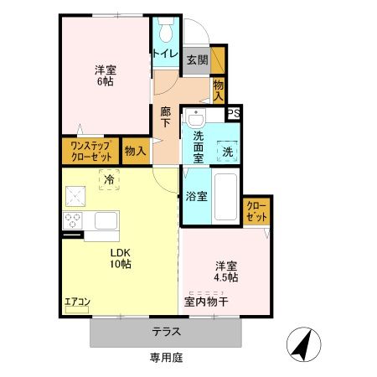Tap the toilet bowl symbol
pyautogui.click(x=164, y=29)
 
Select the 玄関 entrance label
pyautogui.click(x=197, y=59)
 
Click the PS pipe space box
pyautogui.click(x=235, y=114)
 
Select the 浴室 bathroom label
pyautogui.click(x=197, y=197)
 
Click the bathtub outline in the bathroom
pyautogui.click(x=225, y=197)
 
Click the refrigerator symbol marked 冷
pyautogui.click(x=108, y=178)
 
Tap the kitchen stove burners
pyautogui.click(x=71, y=221)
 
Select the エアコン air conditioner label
pyautogui.click(x=77, y=302)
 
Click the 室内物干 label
pyautogui.click(x=212, y=300)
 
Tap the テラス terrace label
pyautogui.click(x=166, y=332)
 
